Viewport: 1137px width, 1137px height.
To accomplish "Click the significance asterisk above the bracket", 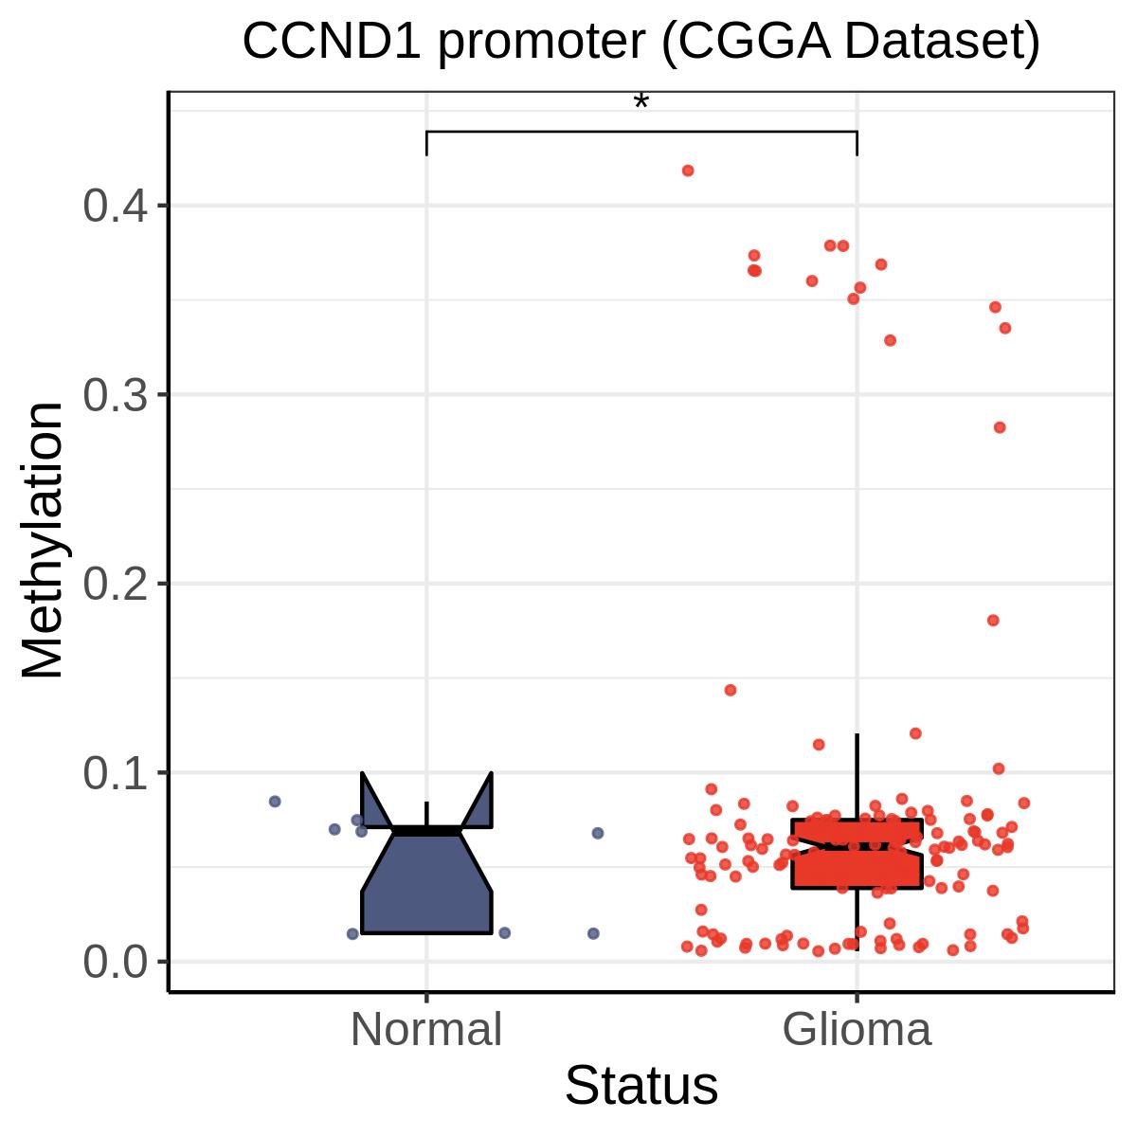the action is (641, 102).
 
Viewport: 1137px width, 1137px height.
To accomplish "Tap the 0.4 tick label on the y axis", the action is (115, 206).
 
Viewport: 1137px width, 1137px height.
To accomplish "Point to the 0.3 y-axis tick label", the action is (115, 395).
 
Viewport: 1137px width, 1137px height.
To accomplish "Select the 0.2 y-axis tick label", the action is (115, 585).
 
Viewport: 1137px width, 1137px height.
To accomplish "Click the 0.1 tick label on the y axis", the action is (115, 773).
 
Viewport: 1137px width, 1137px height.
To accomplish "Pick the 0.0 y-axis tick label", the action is (115, 963).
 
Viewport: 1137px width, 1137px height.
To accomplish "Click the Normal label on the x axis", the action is (426, 1029).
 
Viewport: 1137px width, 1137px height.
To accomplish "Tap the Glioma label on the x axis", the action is (857, 1029).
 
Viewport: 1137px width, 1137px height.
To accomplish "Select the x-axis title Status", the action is (641, 1086).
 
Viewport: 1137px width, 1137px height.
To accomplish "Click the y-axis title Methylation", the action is (42, 540).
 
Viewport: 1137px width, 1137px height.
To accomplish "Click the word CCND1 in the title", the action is (332, 42).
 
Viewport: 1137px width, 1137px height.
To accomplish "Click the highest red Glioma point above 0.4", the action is (687, 171).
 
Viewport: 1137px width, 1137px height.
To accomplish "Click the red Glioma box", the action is (857, 853).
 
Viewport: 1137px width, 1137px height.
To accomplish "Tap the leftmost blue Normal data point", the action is (275, 802).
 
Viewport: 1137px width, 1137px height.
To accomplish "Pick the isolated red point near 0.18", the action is (993, 620).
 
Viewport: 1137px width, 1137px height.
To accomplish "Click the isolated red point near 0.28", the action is (1000, 427).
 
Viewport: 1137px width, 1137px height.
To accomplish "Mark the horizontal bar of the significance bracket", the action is (641, 131).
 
